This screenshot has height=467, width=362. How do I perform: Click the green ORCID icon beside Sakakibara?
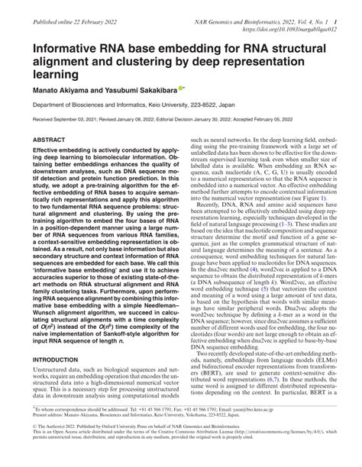point(180,88)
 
